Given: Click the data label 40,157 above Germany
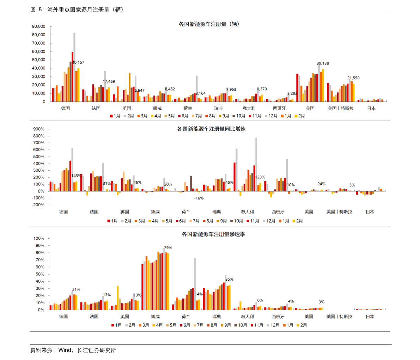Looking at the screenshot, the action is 78,62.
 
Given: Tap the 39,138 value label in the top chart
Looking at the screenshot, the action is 323,63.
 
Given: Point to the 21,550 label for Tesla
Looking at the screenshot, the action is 354,78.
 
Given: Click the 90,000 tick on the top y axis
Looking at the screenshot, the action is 38,26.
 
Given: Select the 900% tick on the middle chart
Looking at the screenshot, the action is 39,129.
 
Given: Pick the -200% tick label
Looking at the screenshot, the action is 38,205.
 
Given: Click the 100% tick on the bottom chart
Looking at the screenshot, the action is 39,238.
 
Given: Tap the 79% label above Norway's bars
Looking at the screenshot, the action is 168,248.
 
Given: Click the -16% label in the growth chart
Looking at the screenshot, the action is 199,198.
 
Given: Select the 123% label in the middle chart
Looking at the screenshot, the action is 260,177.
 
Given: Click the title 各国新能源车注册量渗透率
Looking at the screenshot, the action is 213,234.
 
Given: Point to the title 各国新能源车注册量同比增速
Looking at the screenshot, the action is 211,129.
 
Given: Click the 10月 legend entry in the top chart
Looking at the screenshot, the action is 239,116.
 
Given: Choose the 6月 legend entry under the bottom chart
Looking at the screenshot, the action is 185,325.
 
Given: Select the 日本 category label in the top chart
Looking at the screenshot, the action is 372,108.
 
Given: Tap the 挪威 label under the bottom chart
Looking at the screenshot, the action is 156,317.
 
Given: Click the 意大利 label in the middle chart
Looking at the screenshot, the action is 247,212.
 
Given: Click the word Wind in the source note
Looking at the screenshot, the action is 65,350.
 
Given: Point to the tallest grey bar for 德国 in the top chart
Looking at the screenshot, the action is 74,67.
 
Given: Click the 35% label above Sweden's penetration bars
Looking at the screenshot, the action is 229,279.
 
